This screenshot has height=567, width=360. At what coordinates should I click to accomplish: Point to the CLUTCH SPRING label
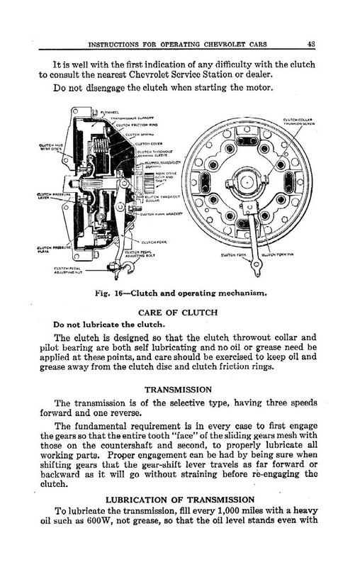137,131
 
